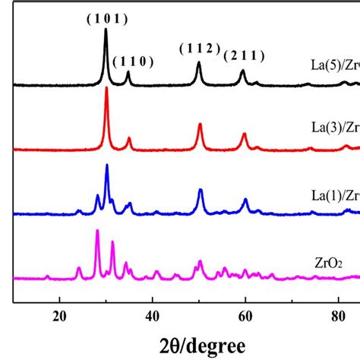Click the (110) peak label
(x=134, y=62)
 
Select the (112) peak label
(x=201, y=49)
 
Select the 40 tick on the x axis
(x=153, y=315)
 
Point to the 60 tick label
(x=245, y=315)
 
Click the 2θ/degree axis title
(x=188, y=343)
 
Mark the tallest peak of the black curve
(x=106, y=30)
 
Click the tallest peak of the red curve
(x=106, y=89)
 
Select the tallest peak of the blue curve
(x=106, y=165)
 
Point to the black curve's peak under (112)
(x=199, y=63)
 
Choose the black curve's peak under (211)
(x=242, y=71)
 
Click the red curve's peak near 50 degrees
(x=200, y=125)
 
